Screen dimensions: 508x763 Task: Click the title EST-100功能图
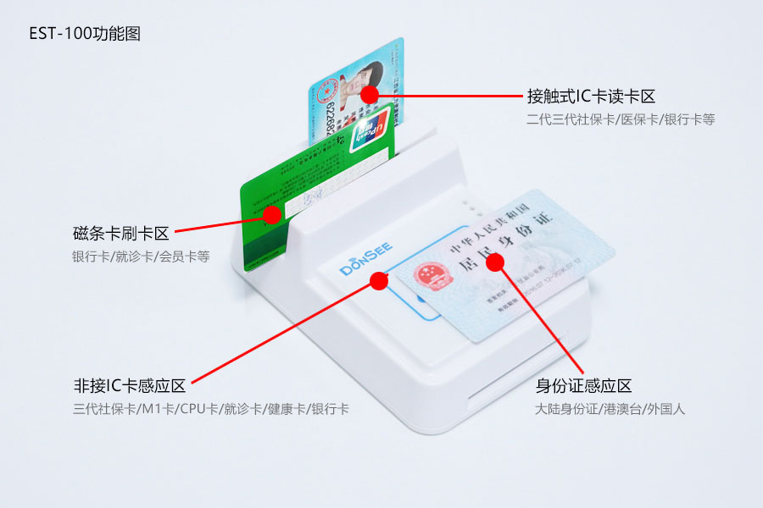click(x=85, y=35)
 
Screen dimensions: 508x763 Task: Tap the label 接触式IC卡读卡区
click(x=590, y=97)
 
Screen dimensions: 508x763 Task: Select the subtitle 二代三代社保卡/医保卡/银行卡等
click(x=620, y=119)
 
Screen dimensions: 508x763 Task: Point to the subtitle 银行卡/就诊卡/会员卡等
click(x=141, y=256)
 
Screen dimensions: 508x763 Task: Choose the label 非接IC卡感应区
click(x=129, y=386)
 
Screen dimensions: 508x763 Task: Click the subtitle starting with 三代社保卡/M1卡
click(x=210, y=409)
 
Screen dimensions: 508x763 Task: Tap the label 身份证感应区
click(x=583, y=386)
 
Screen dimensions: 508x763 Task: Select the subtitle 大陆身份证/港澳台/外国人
click(x=610, y=409)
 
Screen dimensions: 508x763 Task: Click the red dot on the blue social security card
click(x=369, y=94)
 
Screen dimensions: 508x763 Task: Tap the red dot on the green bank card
click(x=271, y=214)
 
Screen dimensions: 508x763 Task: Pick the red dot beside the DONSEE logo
click(x=379, y=280)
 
